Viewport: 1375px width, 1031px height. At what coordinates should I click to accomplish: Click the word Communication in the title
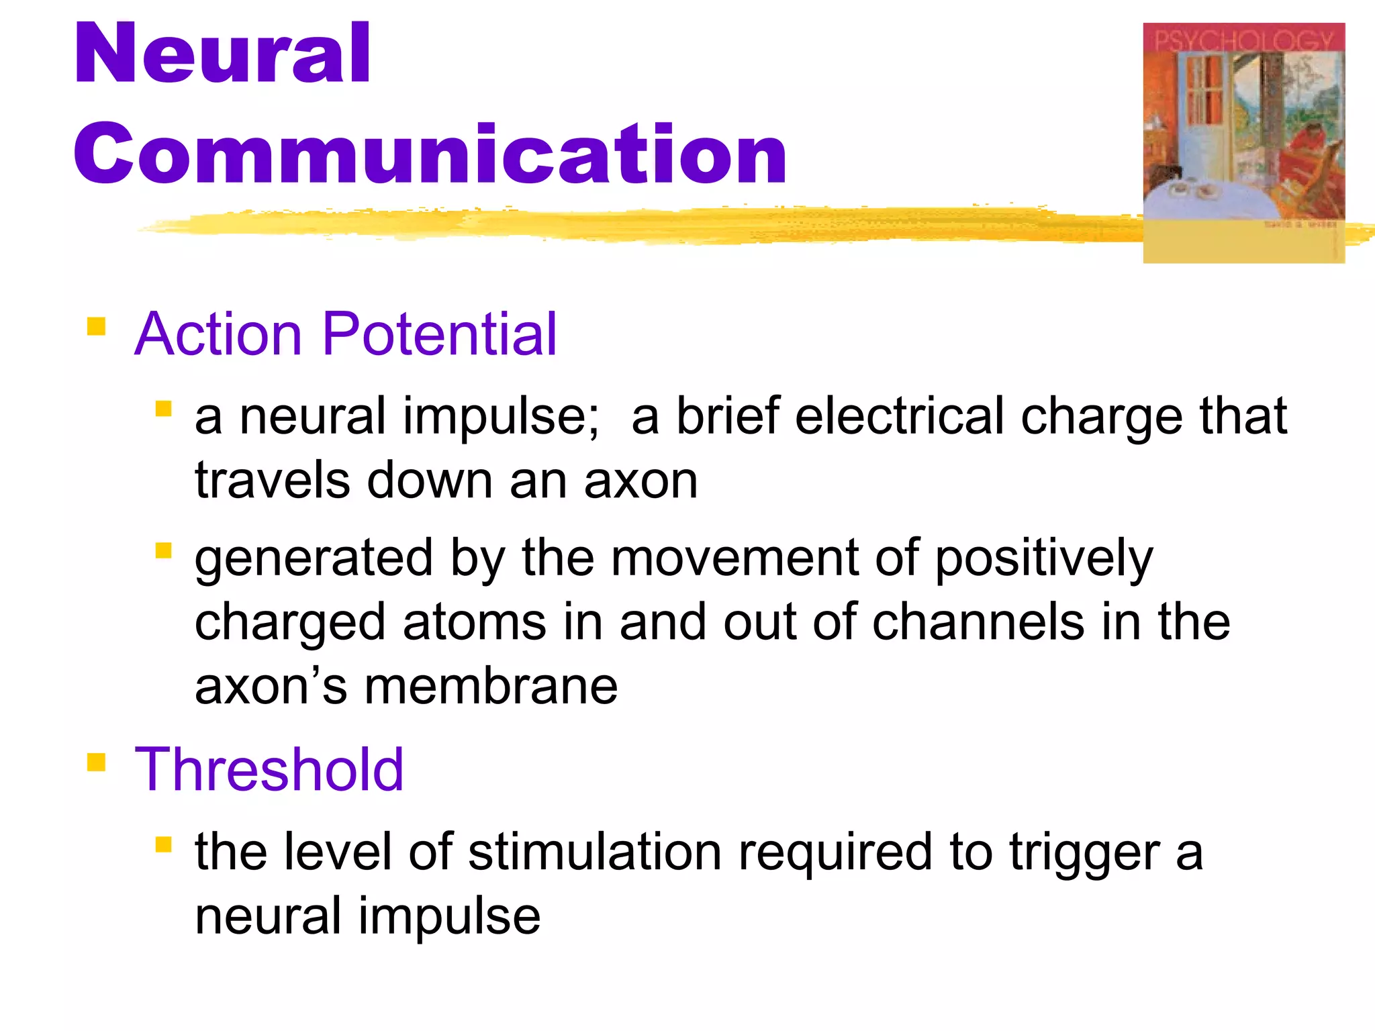click(430, 154)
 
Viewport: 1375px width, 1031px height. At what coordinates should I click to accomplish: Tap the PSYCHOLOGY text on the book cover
click(1243, 42)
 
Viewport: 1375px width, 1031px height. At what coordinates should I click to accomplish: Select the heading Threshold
click(269, 770)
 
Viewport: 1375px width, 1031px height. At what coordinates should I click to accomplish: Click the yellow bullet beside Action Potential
click(97, 327)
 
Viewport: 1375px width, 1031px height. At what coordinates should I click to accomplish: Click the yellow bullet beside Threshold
click(97, 763)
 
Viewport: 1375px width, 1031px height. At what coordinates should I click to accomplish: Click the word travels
click(273, 481)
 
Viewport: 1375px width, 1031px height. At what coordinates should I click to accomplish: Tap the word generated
click(314, 559)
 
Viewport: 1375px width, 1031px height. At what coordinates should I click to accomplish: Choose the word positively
click(1044, 559)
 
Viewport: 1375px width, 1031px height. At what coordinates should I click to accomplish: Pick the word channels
click(978, 622)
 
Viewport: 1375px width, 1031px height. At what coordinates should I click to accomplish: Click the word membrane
click(491, 687)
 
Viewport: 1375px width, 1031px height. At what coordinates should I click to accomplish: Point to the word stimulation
click(595, 852)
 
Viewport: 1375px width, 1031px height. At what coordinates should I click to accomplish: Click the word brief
click(728, 416)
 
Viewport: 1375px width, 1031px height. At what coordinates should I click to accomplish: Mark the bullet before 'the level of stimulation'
click(163, 844)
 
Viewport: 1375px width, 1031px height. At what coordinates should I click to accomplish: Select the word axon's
click(271, 687)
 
